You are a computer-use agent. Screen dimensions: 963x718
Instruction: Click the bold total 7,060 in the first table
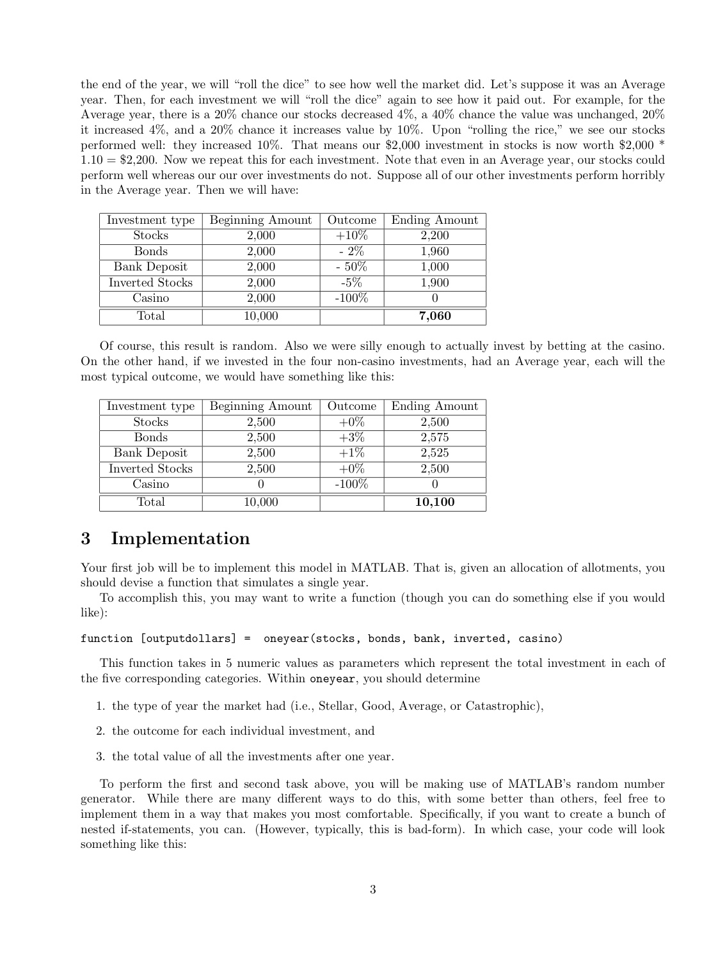435,316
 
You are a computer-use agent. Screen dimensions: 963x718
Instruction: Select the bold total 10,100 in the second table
435,502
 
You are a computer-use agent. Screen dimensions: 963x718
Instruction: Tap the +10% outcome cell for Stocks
351,235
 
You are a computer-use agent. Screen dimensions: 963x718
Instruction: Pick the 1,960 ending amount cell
435,251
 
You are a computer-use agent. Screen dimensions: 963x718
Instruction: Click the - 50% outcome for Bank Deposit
351,267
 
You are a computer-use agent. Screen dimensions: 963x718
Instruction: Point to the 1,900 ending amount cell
435,283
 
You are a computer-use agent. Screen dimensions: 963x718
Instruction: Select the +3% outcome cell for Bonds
351,437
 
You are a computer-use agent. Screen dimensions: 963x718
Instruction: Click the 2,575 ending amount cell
435,437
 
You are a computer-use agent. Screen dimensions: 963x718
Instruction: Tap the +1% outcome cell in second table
351,453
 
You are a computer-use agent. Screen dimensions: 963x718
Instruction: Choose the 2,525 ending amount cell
435,453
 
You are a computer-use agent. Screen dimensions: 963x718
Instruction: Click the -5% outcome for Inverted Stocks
351,283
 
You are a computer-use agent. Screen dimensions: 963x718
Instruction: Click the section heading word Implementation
180,538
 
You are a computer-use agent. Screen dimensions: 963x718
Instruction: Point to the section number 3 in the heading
86,538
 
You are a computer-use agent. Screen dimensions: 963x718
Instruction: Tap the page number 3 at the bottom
372,889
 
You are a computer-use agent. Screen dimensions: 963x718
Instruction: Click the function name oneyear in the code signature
286,638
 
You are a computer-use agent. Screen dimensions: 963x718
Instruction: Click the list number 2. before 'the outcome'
100,731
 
